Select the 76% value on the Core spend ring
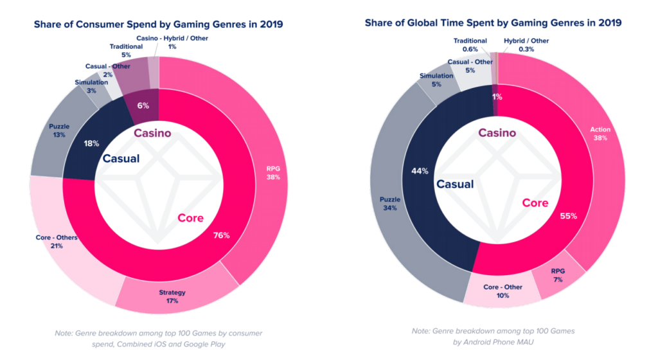pyautogui.click(x=221, y=235)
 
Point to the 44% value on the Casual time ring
pyautogui.click(x=420, y=171)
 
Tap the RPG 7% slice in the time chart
pyautogui.click(x=558, y=275)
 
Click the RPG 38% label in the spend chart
pyautogui.click(x=273, y=173)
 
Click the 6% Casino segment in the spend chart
pyautogui.click(x=143, y=105)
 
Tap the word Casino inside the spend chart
pyautogui.click(x=152, y=133)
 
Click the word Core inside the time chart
pyautogui.click(x=535, y=203)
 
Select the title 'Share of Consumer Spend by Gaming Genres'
pyautogui.click(x=145, y=24)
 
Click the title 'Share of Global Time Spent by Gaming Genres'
pyautogui.click(x=475, y=22)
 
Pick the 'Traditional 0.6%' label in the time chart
pyautogui.click(x=470, y=45)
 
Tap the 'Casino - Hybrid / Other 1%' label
pyautogui.click(x=172, y=42)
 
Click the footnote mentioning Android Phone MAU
pyautogui.click(x=493, y=336)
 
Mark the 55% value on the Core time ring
pyautogui.click(x=569, y=216)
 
